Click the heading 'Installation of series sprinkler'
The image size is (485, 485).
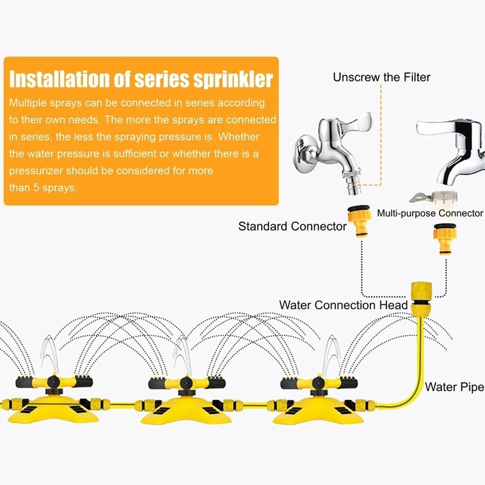[141, 79]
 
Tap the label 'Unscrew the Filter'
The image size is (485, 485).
[381, 77]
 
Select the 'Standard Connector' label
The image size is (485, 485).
[292, 227]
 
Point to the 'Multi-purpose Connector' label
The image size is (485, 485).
[430, 213]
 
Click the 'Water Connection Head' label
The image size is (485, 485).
[343, 304]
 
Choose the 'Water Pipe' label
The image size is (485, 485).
[454, 386]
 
